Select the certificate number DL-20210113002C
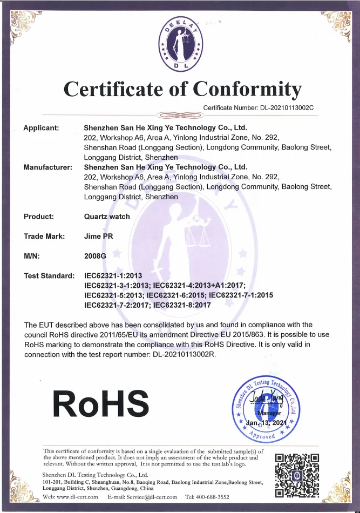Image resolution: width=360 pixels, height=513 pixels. [283, 107]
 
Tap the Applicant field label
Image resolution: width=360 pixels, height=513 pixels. [41, 128]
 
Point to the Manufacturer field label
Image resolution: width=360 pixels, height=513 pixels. [48, 167]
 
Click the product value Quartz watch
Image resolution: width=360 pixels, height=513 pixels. [107, 217]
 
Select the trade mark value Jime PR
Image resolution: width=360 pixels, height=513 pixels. [99, 236]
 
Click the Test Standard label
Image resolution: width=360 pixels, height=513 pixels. [49, 276]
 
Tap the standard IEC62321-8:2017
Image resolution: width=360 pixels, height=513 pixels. [182, 305]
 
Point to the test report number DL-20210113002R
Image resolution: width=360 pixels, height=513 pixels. [175, 354]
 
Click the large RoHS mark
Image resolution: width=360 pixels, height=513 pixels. [100, 403]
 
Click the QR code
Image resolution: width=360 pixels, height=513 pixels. [297, 475]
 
